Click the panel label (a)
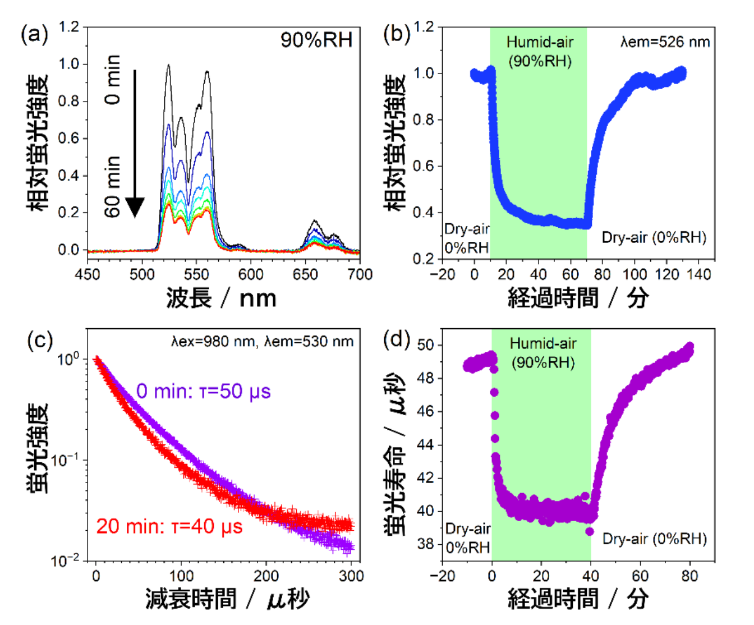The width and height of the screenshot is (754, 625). click(34, 35)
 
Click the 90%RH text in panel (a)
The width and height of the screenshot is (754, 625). click(316, 40)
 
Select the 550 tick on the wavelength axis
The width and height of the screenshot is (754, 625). click(196, 274)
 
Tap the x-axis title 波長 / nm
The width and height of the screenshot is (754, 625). click(221, 298)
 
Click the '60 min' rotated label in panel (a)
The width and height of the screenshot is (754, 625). click(113, 186)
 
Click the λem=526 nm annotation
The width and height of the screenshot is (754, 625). click(665, 42)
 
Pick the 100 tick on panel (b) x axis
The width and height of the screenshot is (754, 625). click(635, 274)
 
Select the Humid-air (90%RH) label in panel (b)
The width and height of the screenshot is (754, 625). click(540, 51)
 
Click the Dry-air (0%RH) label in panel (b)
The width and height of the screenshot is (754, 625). click(654, 237)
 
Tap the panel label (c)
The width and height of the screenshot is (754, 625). click(40, 341)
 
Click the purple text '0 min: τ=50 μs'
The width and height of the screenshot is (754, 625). click(203, 391)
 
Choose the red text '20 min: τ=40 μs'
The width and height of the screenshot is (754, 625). click(169, 526)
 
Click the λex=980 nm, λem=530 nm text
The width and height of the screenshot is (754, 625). click(262, 341)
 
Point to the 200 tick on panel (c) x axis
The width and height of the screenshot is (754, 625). click(266, 576)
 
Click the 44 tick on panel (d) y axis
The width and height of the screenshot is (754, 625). click(426, 445)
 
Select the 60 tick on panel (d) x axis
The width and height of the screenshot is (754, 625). click(640, 576)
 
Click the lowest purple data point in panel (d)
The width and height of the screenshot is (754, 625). click(590, 531)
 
